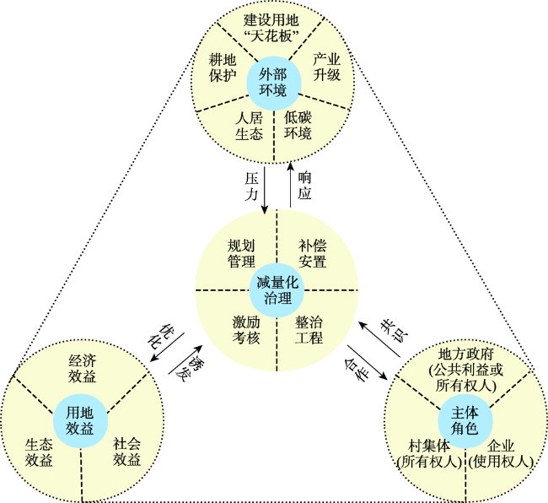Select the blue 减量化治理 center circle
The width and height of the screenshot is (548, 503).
point(277,289)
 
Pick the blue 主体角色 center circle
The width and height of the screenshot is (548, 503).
point(465,419)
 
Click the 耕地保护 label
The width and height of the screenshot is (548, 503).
point(223,68)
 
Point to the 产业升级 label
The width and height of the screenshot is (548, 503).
point(326,68)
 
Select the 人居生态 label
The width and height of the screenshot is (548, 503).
point(250,126)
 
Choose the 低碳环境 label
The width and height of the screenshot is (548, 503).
point(298,126)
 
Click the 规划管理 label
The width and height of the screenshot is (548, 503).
point(241,253)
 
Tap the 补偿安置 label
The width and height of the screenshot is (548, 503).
point(312,253)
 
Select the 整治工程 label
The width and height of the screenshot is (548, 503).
point(309,330)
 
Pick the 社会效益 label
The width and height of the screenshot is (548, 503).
point(126,452)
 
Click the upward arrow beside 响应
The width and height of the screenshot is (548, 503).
point(289,188)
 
